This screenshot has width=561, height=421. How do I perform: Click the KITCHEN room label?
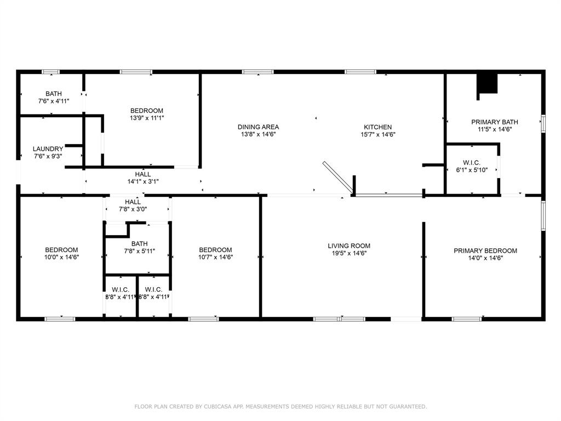[378, 127]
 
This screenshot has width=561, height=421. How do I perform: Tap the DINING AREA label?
[258, 127]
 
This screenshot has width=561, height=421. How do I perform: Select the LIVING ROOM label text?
[349, 246]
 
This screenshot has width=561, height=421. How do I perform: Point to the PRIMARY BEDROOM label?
[485, 251]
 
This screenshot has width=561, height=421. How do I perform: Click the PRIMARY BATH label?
[495, 122]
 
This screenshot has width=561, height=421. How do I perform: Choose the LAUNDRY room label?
[48, 149]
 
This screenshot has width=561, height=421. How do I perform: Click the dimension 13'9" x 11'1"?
[147, 118]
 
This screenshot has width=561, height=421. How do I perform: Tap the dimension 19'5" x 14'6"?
[349, 253]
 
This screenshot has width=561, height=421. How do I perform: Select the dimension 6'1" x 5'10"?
[472, 170]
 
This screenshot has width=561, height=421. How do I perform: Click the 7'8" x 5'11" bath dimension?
[139, 251]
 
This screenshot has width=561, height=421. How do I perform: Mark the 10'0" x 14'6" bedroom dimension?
[61, 257]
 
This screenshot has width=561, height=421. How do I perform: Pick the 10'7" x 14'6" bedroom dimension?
[215, 257]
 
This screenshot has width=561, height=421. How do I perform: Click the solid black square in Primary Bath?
[486, 84]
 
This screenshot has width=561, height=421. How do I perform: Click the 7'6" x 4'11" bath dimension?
[54, 101]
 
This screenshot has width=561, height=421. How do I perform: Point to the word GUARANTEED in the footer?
[406, 407]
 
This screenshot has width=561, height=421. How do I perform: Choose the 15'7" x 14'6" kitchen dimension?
[378, 134]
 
